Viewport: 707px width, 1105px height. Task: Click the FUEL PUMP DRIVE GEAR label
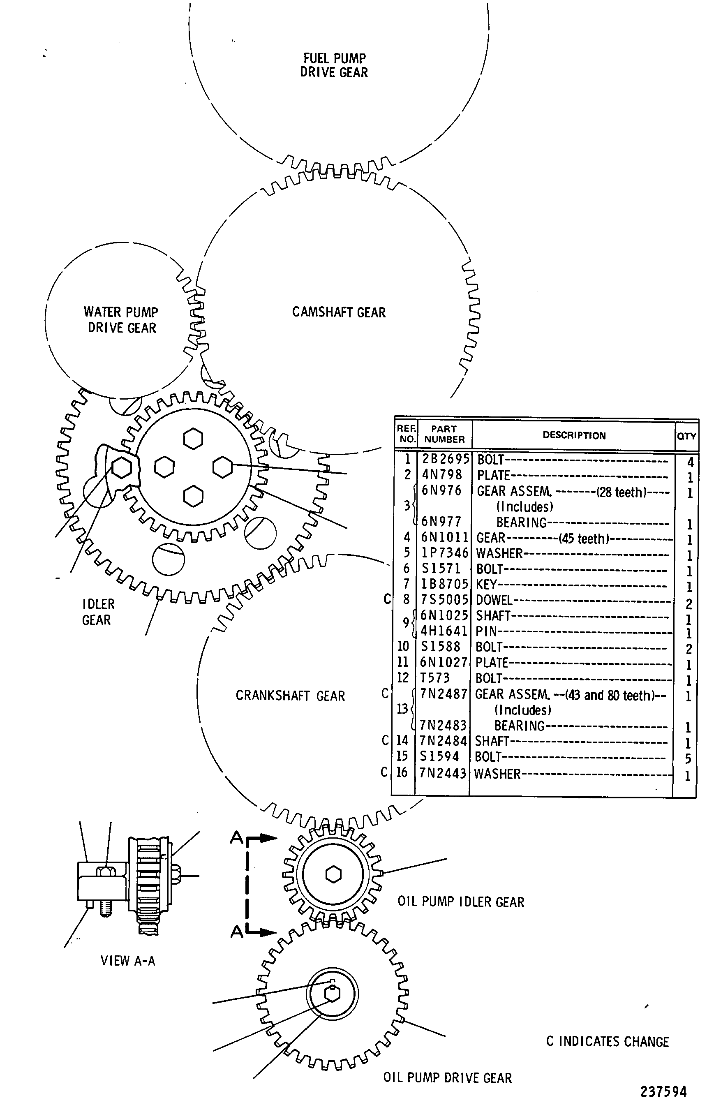tap(334, 65)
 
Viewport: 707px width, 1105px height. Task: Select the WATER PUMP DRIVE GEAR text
tap(121, 320)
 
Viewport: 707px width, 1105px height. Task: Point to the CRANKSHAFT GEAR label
tap(290, 696)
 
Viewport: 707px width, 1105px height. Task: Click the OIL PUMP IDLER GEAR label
tap(461, 902)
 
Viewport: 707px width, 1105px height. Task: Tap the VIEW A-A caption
tap(128, 961)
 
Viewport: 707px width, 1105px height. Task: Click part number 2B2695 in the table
tap(445, 459)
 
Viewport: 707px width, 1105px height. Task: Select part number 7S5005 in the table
tap(444, 599)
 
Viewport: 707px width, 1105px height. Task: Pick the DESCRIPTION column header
tap(574, 435)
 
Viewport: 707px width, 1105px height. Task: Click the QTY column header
tap(686, 436)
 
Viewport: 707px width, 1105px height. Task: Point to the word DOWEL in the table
tap(494, 600)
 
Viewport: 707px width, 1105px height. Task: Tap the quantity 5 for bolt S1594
tap(688, 758)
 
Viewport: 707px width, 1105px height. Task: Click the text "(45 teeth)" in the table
tap(584, 538)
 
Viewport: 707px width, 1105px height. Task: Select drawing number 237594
tap(664, 1091)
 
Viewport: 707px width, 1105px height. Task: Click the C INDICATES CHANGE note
tap(608, 1042)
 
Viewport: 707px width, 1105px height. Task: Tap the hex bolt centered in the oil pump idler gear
tap(333, 874)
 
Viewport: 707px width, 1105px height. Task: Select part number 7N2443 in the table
tap(443, 774)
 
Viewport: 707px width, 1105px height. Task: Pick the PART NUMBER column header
tap(444, 434)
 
